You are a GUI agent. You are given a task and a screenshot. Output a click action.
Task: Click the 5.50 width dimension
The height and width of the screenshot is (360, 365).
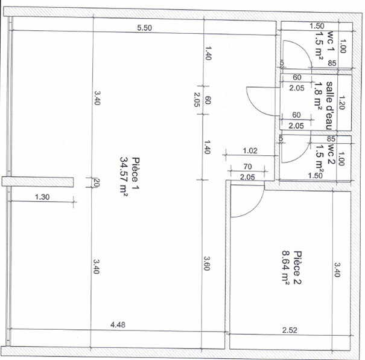[144, 28]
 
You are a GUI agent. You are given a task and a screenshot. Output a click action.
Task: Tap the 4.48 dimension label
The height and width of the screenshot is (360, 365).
[118, 324]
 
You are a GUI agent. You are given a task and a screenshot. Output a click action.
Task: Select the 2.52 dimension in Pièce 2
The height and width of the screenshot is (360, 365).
[290, 330]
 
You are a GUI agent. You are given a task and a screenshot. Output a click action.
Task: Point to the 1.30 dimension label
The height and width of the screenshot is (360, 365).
[42, 197]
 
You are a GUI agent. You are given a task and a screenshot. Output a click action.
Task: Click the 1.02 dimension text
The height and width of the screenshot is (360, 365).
[250, 151]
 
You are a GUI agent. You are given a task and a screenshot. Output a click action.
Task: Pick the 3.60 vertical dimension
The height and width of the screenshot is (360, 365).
[207, 263]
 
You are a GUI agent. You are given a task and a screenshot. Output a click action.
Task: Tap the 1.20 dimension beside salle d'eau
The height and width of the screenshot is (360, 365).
[341, 103]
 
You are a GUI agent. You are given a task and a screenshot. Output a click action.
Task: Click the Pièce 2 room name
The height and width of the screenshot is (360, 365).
[297, 268]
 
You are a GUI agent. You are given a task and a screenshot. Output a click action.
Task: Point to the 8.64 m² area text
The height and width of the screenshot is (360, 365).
[285, 268]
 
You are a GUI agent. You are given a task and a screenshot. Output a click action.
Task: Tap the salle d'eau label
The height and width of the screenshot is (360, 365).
[329, 106]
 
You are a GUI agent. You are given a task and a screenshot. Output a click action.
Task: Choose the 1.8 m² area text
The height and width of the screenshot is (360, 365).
[318, 94]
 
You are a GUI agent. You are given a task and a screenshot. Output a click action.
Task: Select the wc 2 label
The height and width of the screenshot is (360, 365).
[331, 153]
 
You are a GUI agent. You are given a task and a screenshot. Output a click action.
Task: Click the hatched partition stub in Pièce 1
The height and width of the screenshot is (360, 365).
[38, 182]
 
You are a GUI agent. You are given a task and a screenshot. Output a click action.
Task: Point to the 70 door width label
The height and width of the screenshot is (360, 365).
[248, 166]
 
